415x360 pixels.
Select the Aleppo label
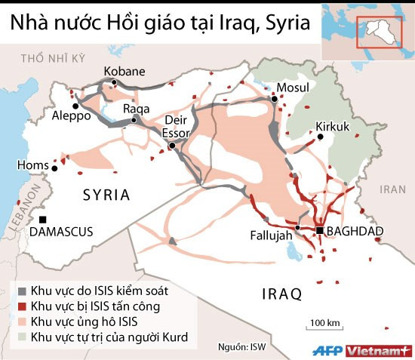click(x=71, y=116)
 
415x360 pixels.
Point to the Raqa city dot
click(x=134, y=119)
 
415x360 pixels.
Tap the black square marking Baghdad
click(x=319, y=230)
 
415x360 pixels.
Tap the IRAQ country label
click(x=281, y=293)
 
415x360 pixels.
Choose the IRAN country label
click(x=392, y=189)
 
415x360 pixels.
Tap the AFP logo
click(x=327, y=349)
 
